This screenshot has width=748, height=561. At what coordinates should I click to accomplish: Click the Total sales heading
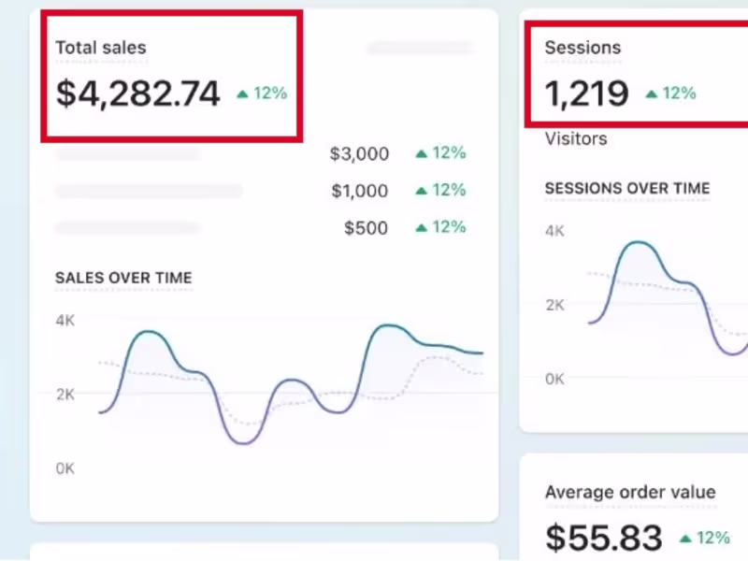(x=101, y=48)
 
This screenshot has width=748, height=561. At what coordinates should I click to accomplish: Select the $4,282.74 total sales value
(x=138, y=93)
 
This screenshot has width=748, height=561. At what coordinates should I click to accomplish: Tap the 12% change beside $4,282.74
(x=262, y=93)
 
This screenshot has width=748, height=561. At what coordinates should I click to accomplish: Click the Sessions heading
(x=583, y=48)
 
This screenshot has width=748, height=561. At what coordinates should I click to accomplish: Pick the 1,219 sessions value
(x=587, y=93)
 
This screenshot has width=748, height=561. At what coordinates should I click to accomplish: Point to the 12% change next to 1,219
(x=670, y=93)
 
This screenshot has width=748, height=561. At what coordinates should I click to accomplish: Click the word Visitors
(x=576, y=139)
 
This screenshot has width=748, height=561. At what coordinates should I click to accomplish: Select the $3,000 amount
(x=358, y=154)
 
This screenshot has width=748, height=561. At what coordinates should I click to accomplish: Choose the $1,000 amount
(x=359, y=191)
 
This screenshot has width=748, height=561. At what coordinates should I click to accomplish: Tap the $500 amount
(x=366, y=227)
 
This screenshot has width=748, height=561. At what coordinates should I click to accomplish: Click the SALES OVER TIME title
(x=123, y=278)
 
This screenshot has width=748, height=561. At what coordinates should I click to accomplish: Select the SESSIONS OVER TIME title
(x=627, y=188)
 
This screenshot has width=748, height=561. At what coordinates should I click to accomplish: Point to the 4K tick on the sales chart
(x=65, y=320)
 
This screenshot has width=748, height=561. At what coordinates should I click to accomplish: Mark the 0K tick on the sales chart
(x=65, y=468)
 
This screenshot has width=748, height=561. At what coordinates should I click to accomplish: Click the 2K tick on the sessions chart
(x=555, y=305)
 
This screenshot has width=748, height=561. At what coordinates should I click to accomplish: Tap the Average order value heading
(x=630, y=492)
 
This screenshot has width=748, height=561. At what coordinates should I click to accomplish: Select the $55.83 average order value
(x=604, y=538)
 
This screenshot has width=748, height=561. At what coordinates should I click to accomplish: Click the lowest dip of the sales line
(x=245, y=442)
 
